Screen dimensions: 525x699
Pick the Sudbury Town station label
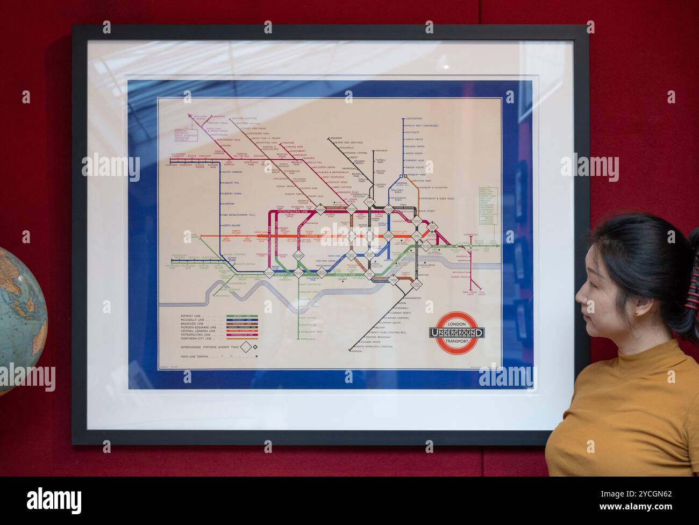click(232, 193)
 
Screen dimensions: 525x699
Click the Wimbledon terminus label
click(308, 339)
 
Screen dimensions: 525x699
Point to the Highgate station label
click(381, 151)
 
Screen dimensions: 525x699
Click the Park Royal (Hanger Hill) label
click(239, 215)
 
